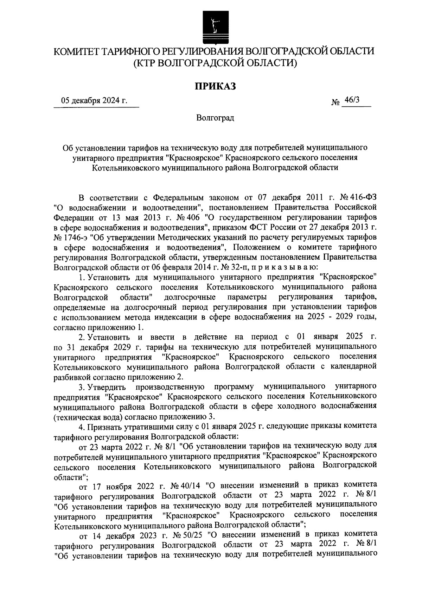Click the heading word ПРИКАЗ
tap(215, 86)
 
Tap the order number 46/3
tap(352, 100)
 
